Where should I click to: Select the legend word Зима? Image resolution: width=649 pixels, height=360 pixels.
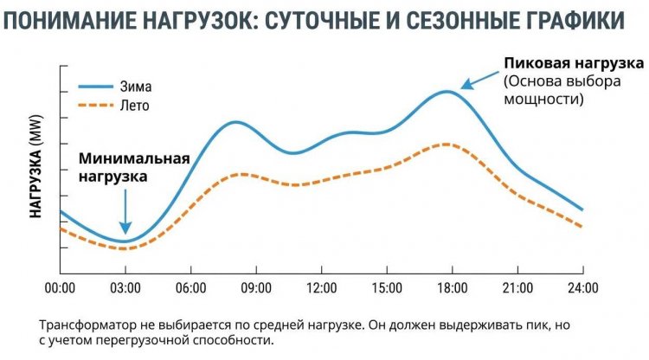click(x=135, y=87)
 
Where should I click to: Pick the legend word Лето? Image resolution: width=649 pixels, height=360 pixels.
click(x=134, y=106)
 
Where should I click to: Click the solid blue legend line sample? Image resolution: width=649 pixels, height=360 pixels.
click(x=96, y=87)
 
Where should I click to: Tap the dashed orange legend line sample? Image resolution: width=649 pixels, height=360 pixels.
click(x=96, y=106)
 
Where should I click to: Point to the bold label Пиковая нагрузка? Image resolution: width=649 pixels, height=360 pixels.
click(x=574, y=64)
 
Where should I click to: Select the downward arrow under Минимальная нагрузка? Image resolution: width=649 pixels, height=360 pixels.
click(x=125, y=211)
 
